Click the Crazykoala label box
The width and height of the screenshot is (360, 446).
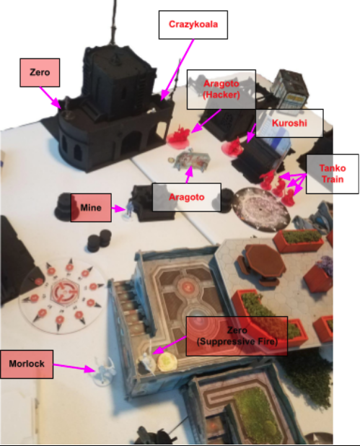click(x=193, y=25)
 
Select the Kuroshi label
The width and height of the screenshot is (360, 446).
click(x=289, y=123)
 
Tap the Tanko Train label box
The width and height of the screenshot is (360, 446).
click(x=332, y=174)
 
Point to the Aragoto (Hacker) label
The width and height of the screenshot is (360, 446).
click(x=221, y=89)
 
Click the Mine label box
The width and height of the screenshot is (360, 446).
click(x=91, y=208)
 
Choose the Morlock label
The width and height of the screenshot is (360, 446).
click(x=27, y=364)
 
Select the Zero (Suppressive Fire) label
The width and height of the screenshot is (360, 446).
click(x=237, y=336)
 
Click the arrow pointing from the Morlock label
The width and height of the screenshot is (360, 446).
click(x=74, y=367)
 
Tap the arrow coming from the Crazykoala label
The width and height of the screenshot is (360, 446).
click(x=177, y=70)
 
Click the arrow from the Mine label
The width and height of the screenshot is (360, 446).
click(x=118, y=209)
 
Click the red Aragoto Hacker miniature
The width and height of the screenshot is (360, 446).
click(x=179, y=135)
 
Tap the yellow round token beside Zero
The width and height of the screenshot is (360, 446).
click(x=167, y=362)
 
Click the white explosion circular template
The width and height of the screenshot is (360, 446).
click(x=260, y=209)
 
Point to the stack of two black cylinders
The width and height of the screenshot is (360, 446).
click(x=100, y=240)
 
